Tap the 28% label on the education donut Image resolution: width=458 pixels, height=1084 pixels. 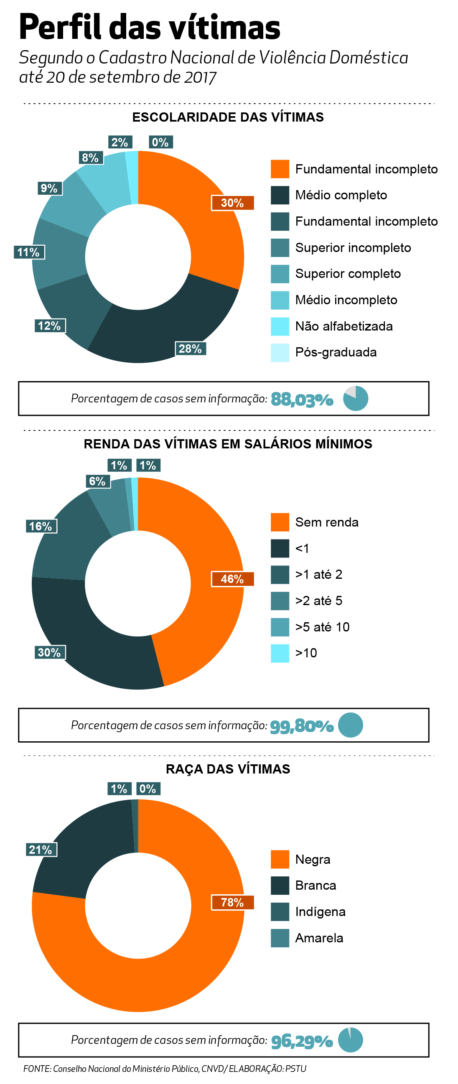(x=190, y=349)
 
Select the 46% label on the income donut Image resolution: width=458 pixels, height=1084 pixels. (x=232, y=579)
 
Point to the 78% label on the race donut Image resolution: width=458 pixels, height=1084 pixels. (x=232, y=902)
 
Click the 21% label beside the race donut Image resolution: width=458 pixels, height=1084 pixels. (x=41, y=850)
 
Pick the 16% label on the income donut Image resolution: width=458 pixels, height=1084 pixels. (x=41, y=526)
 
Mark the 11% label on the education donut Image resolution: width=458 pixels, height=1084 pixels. (x=28, y=252)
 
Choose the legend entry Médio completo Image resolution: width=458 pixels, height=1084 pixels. (x=341, y=195)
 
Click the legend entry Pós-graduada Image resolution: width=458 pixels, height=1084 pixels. (x=336, y=352)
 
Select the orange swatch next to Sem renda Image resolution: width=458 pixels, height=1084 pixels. (x=280, y=522)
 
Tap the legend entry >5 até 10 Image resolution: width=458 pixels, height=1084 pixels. (x=322, y=627)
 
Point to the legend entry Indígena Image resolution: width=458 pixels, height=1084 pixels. (x=320, y=912)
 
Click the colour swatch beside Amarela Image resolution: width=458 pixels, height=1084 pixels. (x=280, y=938)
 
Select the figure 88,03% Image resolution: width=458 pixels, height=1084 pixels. (x=302, y=399)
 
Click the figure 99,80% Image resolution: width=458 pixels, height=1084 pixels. (x=302, y=726)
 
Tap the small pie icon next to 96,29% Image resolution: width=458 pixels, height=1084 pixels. (x=351, y=1040)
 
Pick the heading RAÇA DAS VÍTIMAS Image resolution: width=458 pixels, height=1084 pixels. (x=228, y=769)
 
